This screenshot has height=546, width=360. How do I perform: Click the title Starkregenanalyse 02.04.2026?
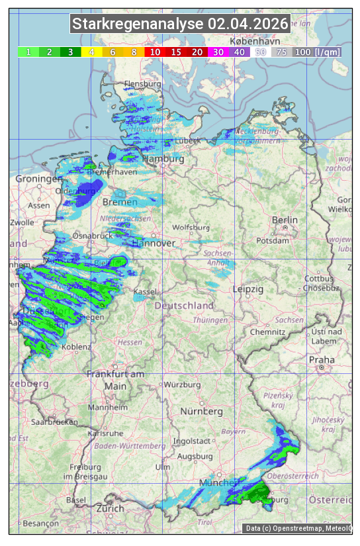[x=180, y=24]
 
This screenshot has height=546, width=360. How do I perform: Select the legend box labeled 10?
[x=155, y=52]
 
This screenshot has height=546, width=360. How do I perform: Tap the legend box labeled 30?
[x=218, y=52]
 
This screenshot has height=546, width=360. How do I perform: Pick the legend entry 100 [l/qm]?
[x=317, y=52]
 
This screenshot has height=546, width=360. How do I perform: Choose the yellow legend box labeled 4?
[x=91, y=52]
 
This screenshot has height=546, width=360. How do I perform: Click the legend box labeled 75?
[x=281, y=52]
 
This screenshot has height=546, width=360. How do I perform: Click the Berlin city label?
[x=285, y=220]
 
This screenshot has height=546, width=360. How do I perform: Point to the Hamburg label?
[x=163, y=159]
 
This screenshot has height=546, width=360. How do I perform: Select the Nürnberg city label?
[x=202, y=411]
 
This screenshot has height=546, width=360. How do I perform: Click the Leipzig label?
[x=248, y=289]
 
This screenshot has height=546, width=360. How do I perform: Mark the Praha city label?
[x=322, y=359]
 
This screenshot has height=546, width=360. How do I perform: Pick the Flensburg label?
[x=142, y=85]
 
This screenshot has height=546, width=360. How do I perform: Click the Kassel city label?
[x=144, y=292]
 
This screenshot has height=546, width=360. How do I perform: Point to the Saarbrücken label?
[x=55, y=421]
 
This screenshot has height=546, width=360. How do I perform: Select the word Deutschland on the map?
[x=184, y=305]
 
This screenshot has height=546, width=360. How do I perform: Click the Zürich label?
[x=110, y=508]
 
